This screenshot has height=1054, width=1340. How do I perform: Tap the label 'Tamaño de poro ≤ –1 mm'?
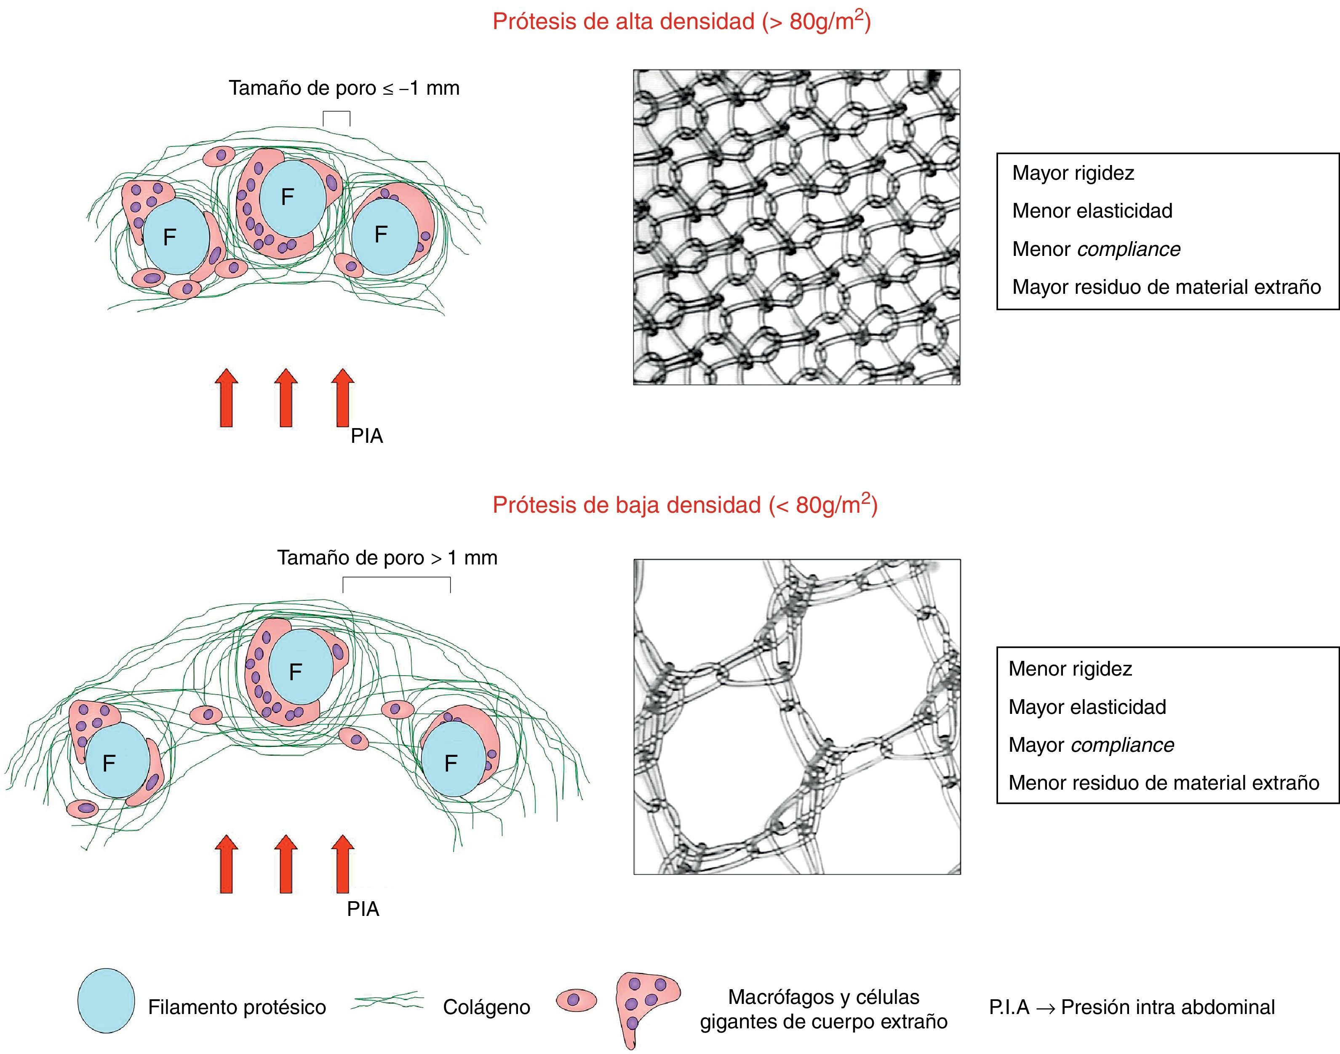[x=344, y=88]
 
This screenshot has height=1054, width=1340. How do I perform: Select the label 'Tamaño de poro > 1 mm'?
[x=387, y=558]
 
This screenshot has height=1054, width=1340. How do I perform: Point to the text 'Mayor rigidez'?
[x=1073, y=173]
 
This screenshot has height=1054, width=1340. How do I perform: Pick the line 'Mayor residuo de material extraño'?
[x=1166, y=287]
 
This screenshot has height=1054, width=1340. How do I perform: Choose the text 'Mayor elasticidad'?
[x=1087, y=707]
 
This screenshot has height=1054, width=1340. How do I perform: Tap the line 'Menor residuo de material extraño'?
[x=1164, y=783]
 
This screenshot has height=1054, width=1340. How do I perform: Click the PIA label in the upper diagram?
[x=367, y=436]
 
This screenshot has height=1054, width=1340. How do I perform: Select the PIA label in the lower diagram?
[x=363, y=909]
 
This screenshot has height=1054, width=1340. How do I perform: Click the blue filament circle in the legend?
[x=106, y=1000]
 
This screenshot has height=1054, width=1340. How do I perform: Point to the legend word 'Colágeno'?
[x=486, y=1007]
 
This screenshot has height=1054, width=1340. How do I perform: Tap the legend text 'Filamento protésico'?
[x=237, y=1007]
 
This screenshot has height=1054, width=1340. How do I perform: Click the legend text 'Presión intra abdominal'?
[x=1167, y=1007]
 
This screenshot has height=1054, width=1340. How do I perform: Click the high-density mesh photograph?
[x=796, y=227]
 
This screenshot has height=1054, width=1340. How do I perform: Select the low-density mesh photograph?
[x=797, y=716]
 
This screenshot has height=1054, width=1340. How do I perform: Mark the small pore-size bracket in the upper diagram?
[x=336, y=117]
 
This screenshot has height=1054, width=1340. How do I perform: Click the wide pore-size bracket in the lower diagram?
[x=396, y=583]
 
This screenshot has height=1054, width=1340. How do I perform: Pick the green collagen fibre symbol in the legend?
[x=387, y=1001]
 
